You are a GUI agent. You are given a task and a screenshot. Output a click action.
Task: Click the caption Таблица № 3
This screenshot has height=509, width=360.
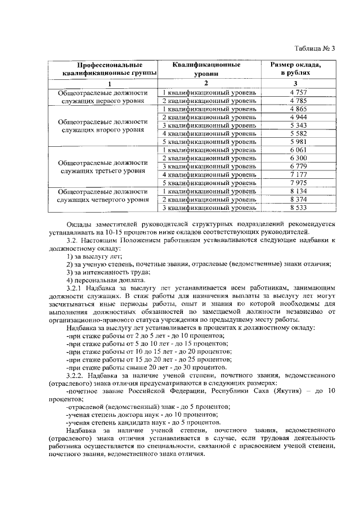pos(315,48)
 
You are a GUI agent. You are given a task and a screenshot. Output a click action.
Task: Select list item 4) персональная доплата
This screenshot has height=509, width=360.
pos(102,280)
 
